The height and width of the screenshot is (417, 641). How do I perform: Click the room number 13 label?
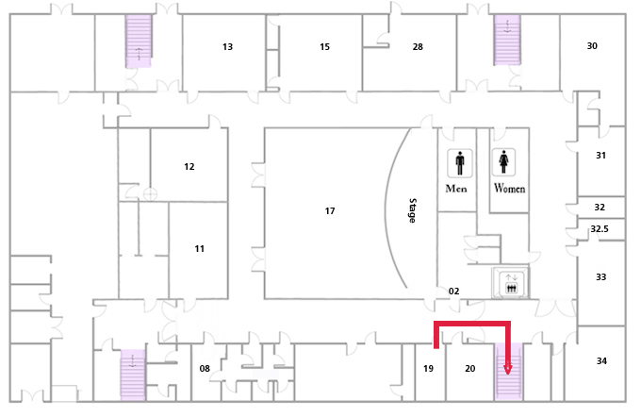[x=228, y=47]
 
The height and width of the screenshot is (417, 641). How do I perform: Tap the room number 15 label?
[x=324, y=47]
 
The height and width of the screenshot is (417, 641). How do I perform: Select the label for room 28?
[x=418, y=47]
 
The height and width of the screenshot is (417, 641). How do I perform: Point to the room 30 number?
[x=592, y=46]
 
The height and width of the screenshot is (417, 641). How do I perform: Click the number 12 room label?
[x=189, y=167]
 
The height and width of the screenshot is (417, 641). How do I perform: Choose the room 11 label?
[x=200, y=249]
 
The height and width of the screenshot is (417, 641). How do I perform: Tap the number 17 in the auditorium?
[x=330, y=210]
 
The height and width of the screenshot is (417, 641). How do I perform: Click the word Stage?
[x=413, y=210]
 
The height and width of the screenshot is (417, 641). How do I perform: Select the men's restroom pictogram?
[x=460, y=163]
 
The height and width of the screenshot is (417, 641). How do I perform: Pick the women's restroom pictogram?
[x=503, y=162]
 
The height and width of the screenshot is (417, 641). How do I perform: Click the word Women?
[x=509, y=189]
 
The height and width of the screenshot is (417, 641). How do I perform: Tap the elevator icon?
[x=511, y=283]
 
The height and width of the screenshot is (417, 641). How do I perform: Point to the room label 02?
[x=453, y=291]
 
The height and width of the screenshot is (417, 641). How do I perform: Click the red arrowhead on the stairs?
[x=508, y=369]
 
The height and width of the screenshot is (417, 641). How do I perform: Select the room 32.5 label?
[x=600, y=228]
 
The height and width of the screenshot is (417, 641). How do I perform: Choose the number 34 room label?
[x=601, y=361]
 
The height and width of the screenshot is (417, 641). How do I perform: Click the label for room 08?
[x=205, y=369]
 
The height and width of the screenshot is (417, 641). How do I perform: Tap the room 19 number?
[x=428, y=369]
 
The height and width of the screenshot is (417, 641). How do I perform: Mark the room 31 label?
[x=600, y=156]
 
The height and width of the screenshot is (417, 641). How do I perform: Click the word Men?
[x=456, y=189]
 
